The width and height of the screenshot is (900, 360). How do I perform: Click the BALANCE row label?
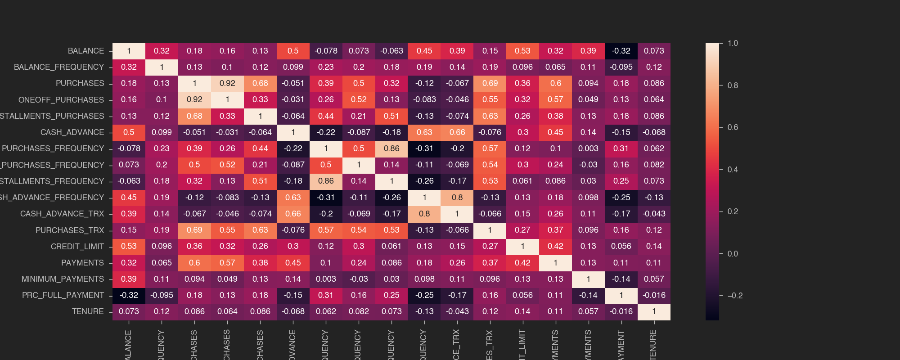tap(85, 51)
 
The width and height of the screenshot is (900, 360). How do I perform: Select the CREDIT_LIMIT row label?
tap(77, 247)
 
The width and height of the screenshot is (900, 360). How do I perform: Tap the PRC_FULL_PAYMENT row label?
tap(63, 295)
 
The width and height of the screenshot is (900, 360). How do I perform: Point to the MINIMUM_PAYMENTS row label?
tap(63, 279)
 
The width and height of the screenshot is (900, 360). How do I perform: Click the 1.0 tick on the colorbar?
tap(733, 43)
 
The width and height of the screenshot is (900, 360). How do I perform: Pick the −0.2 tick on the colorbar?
tap(734, 296)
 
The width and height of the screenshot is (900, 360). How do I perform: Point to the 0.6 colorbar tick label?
tap(733, 127)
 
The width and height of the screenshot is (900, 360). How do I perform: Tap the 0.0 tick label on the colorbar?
tap(733, 254)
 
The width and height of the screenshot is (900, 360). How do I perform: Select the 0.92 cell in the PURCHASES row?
tap(227, 83)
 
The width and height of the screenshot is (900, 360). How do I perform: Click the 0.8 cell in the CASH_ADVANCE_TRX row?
tap(424, 214)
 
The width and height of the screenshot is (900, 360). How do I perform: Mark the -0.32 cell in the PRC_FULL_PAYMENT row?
tap(129, 295)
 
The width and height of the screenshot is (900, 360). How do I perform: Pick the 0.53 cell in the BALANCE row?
tap(522, 51)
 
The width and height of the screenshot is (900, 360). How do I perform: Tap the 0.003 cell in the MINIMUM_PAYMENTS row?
tap(326, 279)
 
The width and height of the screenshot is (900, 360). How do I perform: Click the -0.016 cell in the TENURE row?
tap(621, 311)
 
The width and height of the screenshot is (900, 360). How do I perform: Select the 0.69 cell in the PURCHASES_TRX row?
tap(194, 230)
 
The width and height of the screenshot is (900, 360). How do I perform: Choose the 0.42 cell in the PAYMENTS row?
tap(522, 263)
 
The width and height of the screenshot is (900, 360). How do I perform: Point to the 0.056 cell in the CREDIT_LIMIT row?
tap(621, 246)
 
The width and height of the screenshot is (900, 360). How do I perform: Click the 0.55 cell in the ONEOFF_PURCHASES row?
tap(490, 99)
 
